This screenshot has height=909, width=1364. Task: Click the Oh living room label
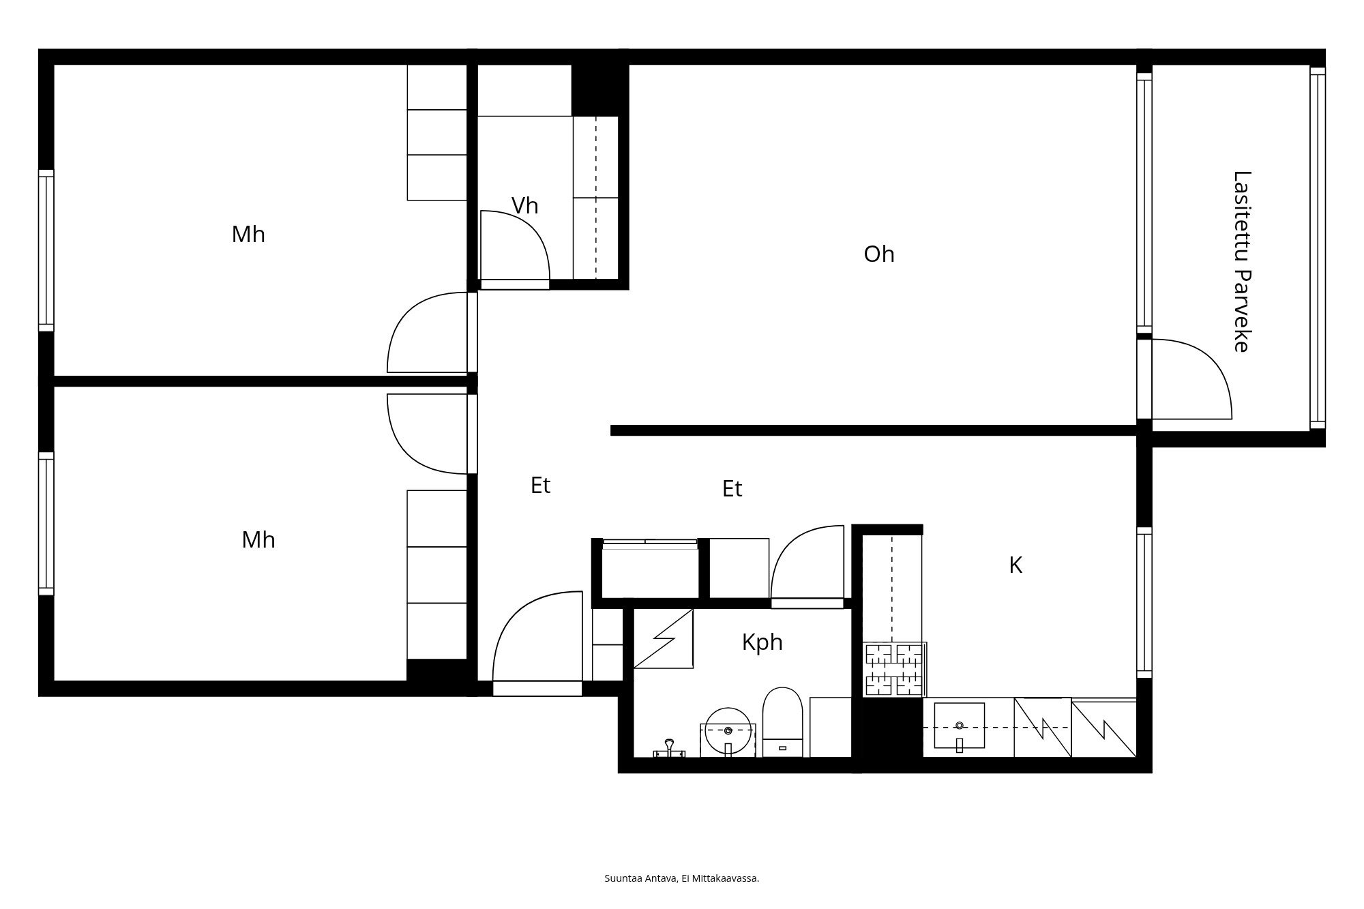point(878,254)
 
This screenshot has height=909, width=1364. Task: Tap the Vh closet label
point(524,205)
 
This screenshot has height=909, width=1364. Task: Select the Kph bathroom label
point(762,642)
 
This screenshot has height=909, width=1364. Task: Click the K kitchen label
point(1015,565)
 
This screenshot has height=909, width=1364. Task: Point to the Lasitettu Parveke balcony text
point(1242,261)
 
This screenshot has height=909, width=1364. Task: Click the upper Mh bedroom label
point(248,235)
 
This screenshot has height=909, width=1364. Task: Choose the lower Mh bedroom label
point(258,540)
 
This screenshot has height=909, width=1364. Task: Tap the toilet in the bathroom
point(782,721)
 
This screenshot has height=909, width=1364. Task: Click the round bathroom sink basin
point(728,730)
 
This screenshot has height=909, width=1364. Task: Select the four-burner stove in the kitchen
point(893,670)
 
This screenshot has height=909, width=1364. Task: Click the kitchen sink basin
point(959,726)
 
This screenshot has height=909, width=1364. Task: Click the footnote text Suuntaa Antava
point(681,878)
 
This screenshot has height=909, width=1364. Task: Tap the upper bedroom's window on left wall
point(46,250)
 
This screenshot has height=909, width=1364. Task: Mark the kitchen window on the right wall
point(1144,602)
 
